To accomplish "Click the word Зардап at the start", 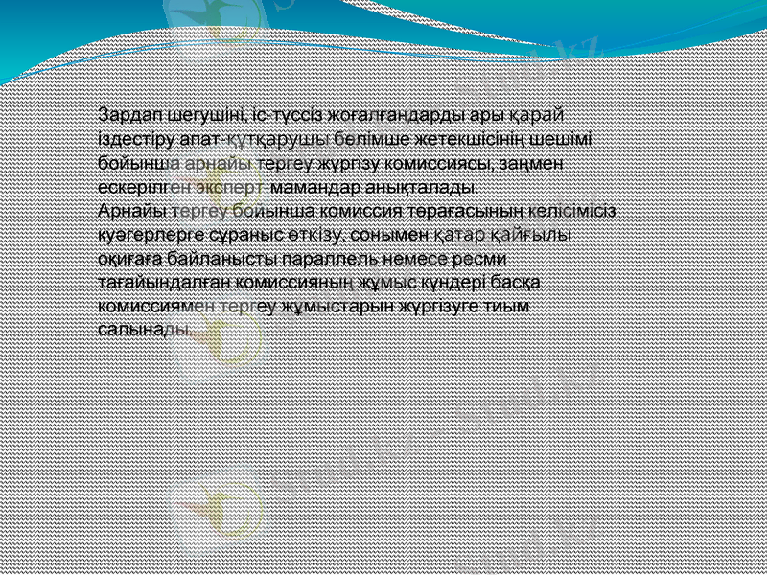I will pos(129,116).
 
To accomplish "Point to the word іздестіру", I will pos(136,140).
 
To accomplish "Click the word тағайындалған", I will pos(157,281).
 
